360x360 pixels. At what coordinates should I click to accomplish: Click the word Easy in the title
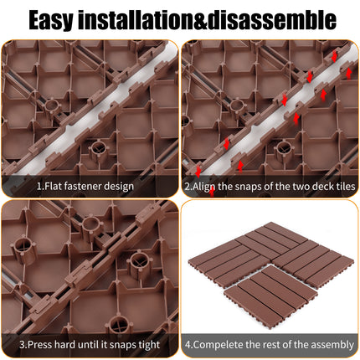click(x=50, y=20)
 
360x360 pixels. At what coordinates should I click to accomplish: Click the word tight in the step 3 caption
click(x=149, y=345)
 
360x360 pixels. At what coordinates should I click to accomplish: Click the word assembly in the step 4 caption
click(x=332, y=345)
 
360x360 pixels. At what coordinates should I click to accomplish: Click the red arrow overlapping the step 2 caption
click(x=212, y=191)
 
